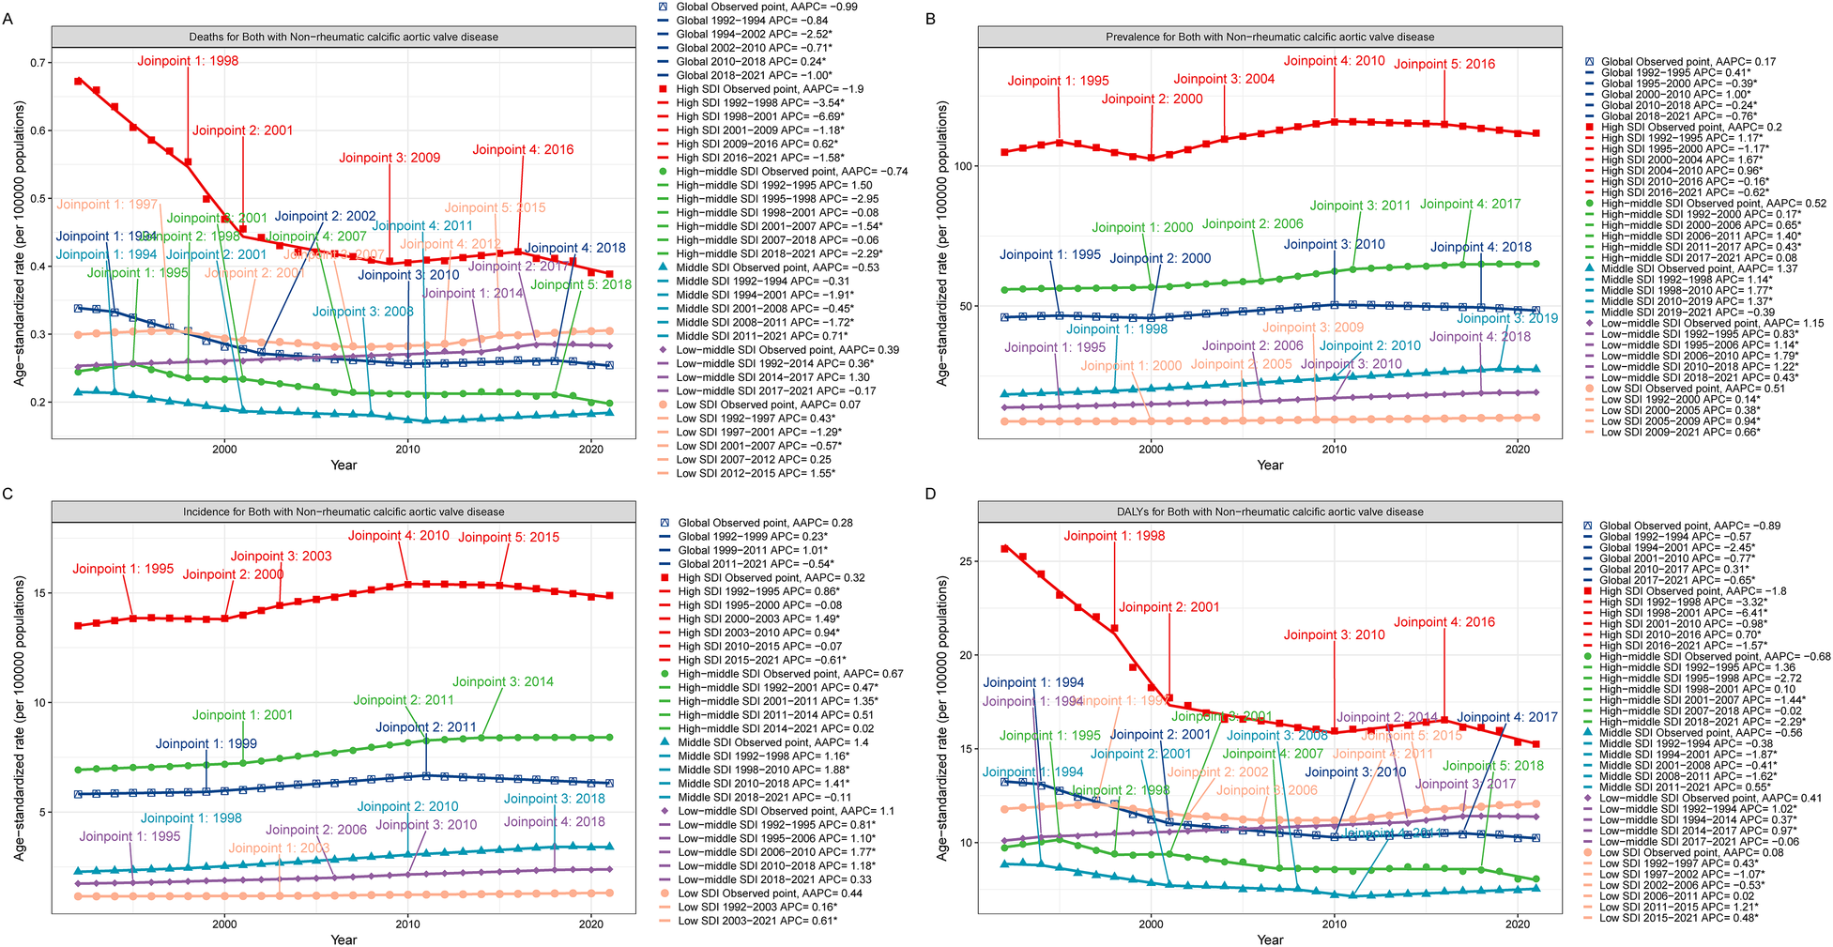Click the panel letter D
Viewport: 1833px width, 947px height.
click(931, 494)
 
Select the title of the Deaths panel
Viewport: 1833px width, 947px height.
click(344, 37)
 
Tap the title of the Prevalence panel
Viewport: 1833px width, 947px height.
click(1270, 37)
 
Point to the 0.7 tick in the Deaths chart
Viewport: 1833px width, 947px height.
click(38, 63)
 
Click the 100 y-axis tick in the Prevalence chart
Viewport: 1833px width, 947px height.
click(959, 166)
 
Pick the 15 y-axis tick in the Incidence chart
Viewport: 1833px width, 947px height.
click(40, 593)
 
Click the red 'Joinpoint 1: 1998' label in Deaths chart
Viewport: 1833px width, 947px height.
click(188, 61)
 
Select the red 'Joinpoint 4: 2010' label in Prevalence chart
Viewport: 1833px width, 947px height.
click(1334, 61)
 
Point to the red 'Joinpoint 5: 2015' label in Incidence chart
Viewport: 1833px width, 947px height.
click(509, 538)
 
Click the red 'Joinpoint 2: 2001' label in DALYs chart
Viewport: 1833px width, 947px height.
click(1169, 607)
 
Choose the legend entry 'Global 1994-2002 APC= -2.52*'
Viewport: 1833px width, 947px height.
click(754, 34)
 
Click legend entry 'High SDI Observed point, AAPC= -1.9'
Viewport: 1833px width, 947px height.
click(770, 89)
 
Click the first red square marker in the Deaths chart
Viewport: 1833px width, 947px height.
click(78, 82)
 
